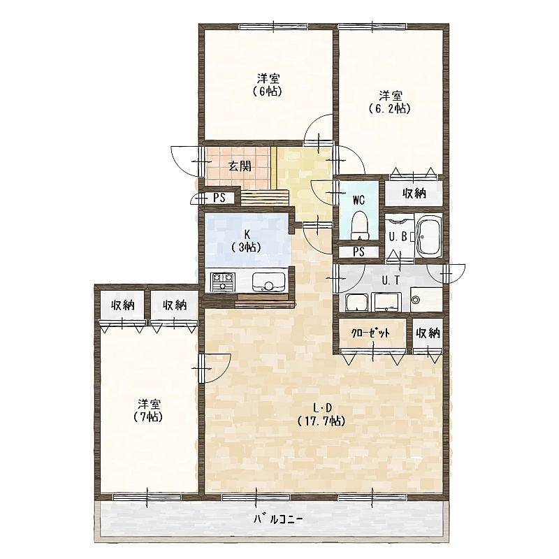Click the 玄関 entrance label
point(240,166)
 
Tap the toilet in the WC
point(358,225)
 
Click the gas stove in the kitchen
point(223,281)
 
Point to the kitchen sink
point(268,282)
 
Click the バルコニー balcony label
point(278,519)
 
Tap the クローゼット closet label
point(370,333)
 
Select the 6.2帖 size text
point(390,108)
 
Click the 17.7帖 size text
point(321,421)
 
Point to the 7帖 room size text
point(148,416)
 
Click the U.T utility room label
point(391,281)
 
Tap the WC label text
point(358,201)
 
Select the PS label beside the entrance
point(219,198)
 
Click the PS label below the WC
point(359,252)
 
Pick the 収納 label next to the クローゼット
point(428,333)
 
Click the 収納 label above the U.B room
point(414,194)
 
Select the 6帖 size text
point(268,92)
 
